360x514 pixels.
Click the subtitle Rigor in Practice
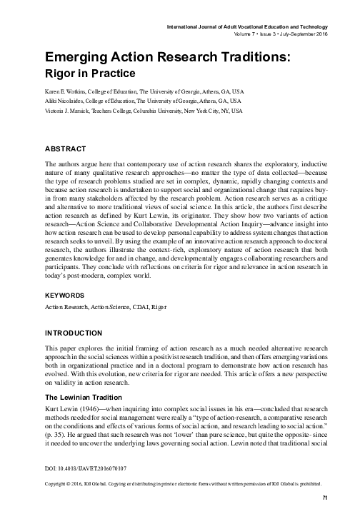(90, 72)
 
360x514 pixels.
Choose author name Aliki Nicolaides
(68, 102)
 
